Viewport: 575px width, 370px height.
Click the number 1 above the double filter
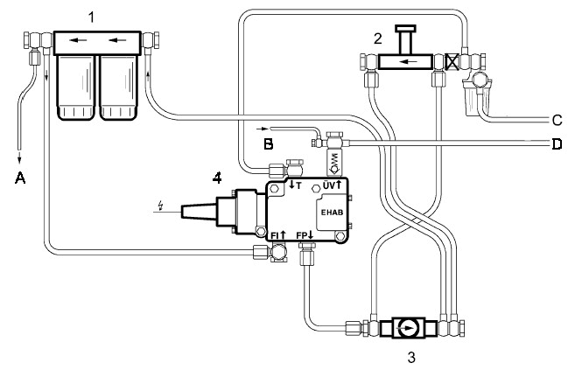[x=91, y=17]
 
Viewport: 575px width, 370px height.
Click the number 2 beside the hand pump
[x=378, y=38]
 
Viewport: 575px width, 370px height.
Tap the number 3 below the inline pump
[x=411, y=357]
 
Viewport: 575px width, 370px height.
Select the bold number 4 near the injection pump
[x=217, y=178]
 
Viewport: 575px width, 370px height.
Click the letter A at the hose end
[x=20, y=178]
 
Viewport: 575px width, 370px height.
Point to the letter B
[x=269, y=144]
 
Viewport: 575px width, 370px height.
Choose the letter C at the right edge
[x=557, y=120]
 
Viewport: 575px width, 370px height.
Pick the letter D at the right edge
[x=557, y=144]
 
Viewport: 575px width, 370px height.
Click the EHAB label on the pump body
[x=332, y=212]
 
